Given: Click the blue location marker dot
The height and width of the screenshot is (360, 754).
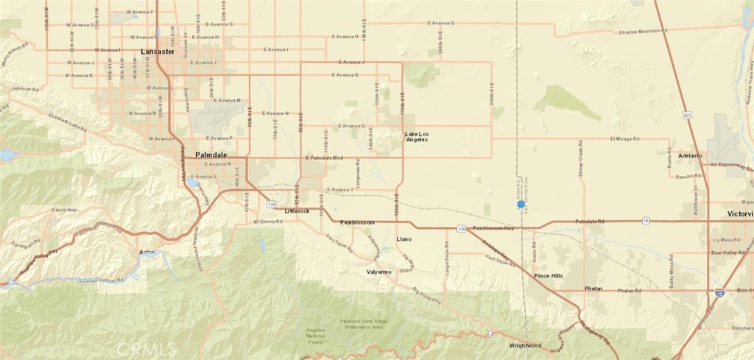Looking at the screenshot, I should click(521, 204).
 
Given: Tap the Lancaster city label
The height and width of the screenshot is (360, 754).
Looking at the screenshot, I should click(158, 52).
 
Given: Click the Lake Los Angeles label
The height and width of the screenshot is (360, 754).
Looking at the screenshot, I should click(416, 138).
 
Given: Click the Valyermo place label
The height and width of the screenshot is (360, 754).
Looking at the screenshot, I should click(382, 272).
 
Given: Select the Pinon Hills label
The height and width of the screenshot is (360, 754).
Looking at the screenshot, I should click(548, 275).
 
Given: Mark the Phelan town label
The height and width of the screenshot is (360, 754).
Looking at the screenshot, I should click(593, 289).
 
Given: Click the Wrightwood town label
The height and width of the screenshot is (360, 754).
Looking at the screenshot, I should click(525, 345).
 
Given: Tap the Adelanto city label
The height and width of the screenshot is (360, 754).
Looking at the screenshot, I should click(691, 156).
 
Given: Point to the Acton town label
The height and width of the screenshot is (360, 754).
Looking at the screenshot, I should click(147, 253).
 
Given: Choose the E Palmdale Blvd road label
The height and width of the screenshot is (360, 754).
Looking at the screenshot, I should click(325, 158).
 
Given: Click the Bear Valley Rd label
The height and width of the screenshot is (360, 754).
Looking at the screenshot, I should click(727, 253).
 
